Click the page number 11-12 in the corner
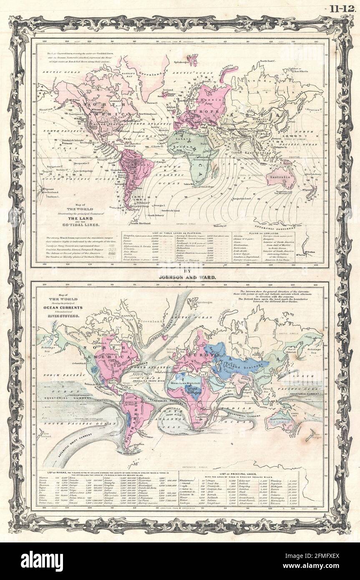[x=342, y=8]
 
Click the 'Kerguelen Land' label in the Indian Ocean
[x=242, y=198]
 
